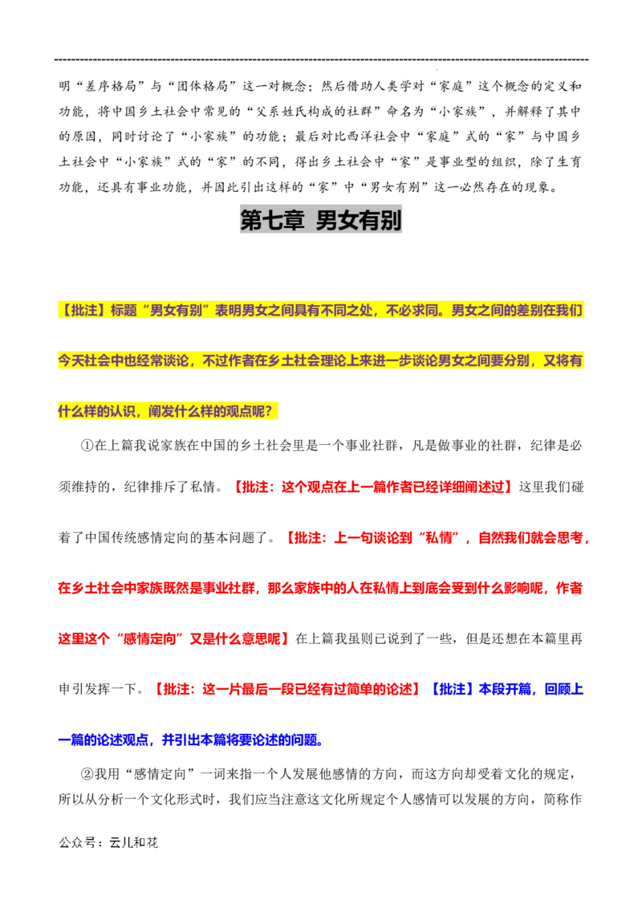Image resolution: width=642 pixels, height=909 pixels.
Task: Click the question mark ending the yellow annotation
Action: (x=275, y=410)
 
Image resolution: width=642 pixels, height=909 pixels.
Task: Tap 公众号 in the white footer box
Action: (x=75, y=844)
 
